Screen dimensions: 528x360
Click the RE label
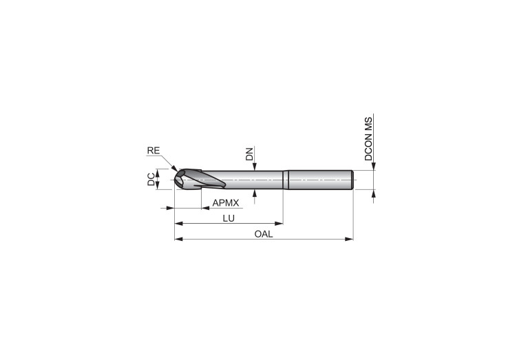click(154, 151)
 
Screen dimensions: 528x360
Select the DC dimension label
click(151, 179)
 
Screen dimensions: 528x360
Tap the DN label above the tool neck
click(249, 155)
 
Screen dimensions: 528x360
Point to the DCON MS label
click(369, 139)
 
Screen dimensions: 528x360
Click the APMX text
click(226, 203)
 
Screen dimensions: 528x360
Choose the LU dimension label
click(229, 218)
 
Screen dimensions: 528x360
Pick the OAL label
click(264, 234)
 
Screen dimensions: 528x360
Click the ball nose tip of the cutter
click(176, 180)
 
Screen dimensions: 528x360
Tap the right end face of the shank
click(352, 180)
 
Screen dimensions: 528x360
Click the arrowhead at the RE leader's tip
click(174, 168)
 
